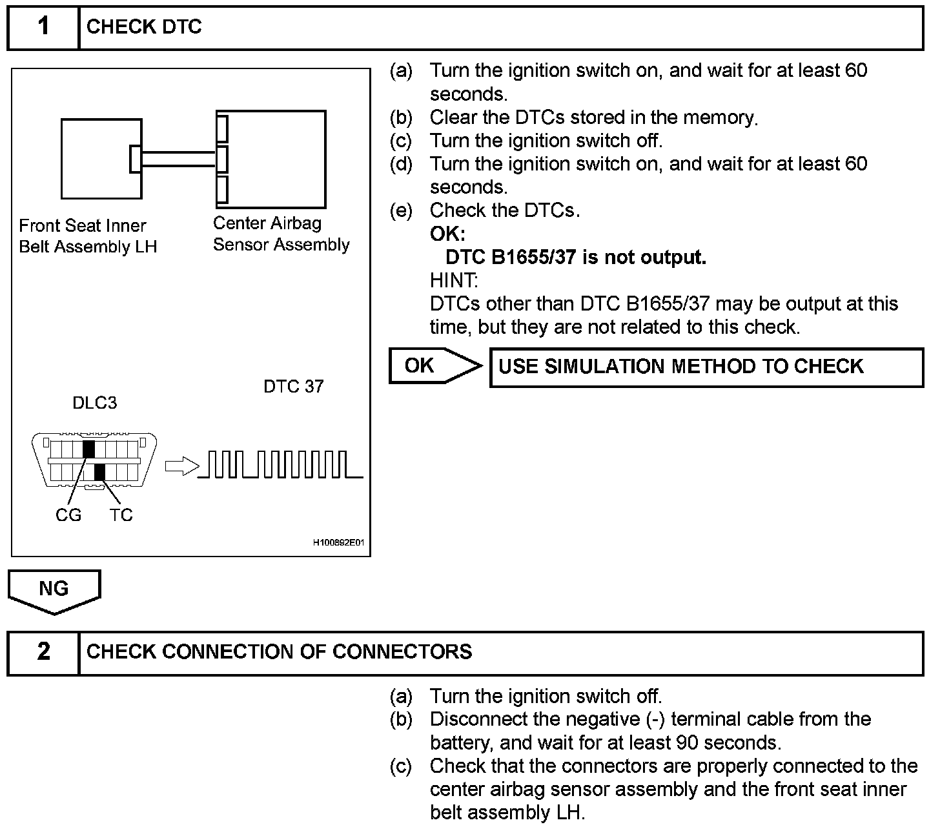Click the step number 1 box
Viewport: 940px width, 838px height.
point(43,27)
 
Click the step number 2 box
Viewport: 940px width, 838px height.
point(43,652)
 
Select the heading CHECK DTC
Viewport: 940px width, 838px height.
point(144,27)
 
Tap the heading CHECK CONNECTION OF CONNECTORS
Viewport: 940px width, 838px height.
point(279,652)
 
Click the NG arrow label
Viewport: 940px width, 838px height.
point(54,589)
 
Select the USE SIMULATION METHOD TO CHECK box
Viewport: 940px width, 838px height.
point(706,367)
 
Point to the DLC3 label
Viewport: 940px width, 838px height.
point(94,404)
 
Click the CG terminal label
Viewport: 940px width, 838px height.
point(68,515)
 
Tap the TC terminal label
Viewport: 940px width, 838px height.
point(121,515)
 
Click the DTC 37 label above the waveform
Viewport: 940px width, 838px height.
point(294,387)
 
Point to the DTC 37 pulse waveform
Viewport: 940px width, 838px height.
point(280,465)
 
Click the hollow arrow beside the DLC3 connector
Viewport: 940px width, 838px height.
point(181,465)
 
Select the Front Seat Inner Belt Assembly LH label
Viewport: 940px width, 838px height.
point(88,236)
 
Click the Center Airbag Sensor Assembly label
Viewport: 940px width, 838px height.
point(281,234)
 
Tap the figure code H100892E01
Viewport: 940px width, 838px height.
point(338,543)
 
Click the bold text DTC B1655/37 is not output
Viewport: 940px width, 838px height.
point(576,258)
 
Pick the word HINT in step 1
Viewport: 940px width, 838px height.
point(453,281)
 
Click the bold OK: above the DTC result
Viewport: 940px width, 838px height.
point(447,234)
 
